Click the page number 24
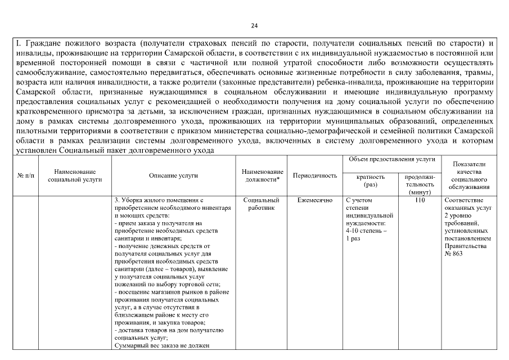[254, 26]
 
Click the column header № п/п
[25, 175]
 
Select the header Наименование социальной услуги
[75, 175]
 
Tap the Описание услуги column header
[173, 175]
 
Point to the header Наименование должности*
[262, 175]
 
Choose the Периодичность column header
[315, 175]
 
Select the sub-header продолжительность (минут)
[419, 184]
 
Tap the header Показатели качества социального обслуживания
[469, 175]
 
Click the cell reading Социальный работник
[262, 204]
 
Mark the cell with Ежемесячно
[315, 200]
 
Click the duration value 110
[419, 200]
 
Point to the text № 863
[454, 254]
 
